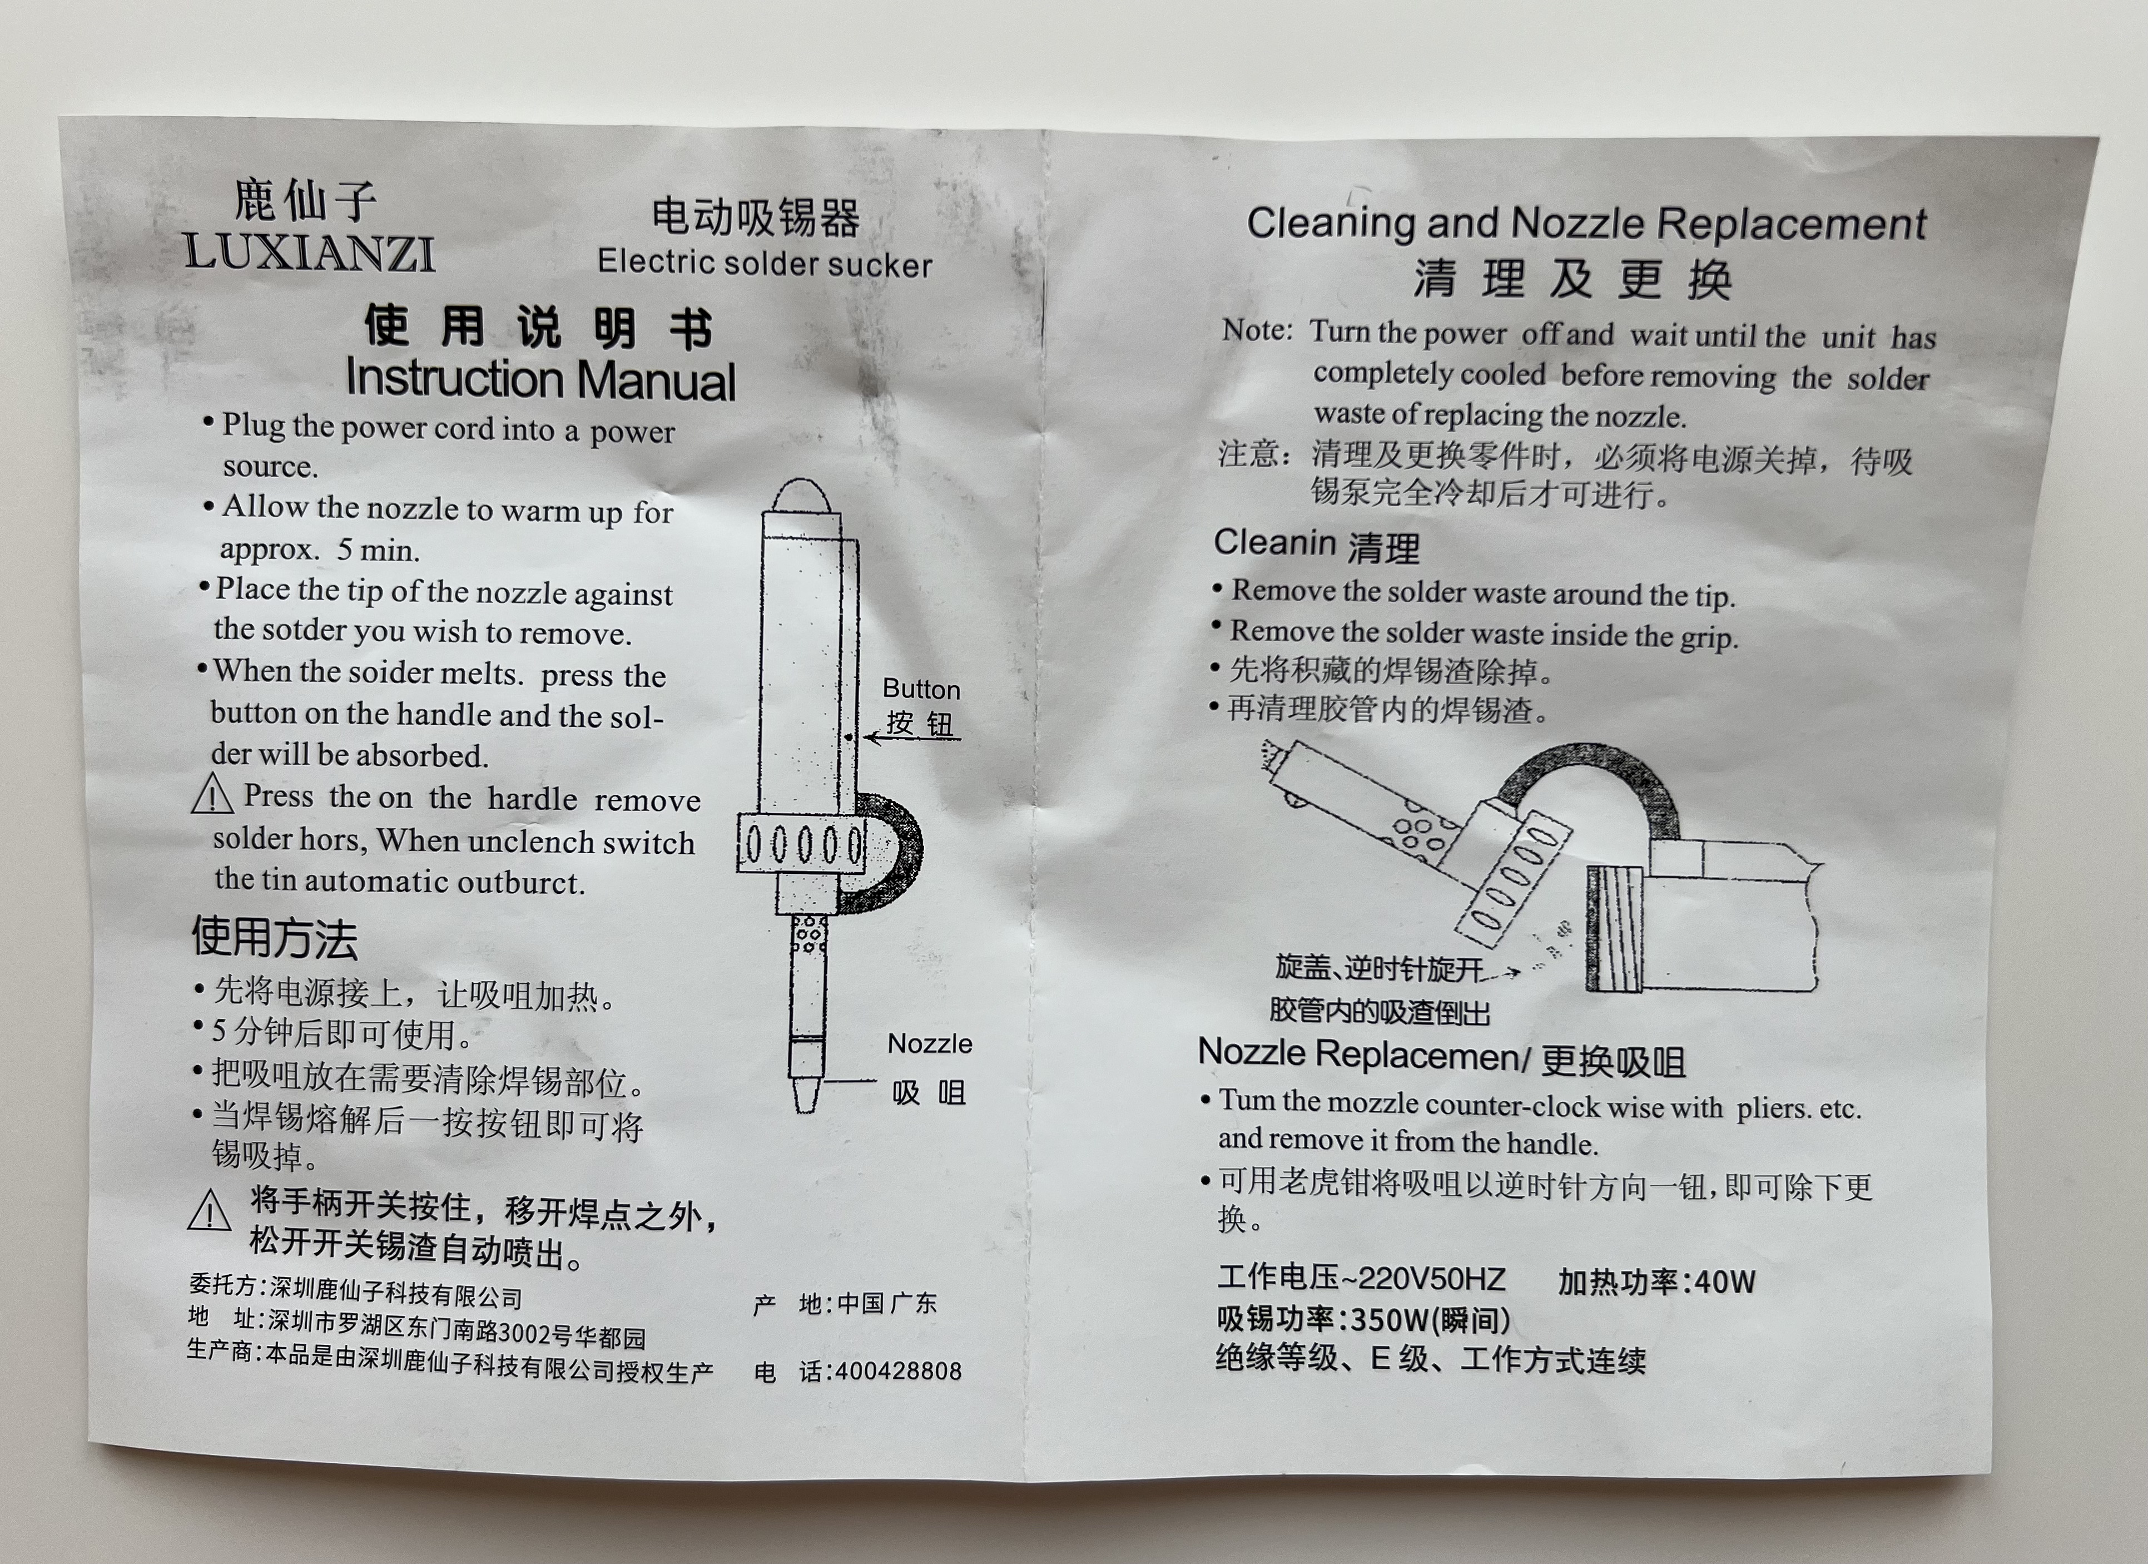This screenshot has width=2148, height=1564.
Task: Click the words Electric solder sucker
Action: pos(765,263)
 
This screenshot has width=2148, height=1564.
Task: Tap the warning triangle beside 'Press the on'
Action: pos(212,794)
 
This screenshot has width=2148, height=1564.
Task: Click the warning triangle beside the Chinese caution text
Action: pos(209,1210)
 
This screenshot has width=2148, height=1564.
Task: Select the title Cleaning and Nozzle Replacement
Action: pos(1586,224)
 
